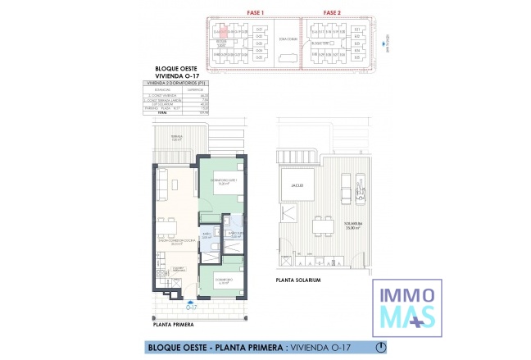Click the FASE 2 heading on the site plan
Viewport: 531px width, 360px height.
click(x=332, y=12)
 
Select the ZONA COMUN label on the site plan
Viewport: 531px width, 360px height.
click(x=286, y=39)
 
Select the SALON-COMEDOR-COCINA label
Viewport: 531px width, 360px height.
click(x=175, y=241)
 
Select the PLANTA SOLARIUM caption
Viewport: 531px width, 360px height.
click(x=298, y=280)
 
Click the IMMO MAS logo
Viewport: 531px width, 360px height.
click(x=407, y=304)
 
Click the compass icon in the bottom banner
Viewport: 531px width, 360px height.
click(x=379, y=347)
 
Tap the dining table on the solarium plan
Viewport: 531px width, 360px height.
click(x=322, y=224)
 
